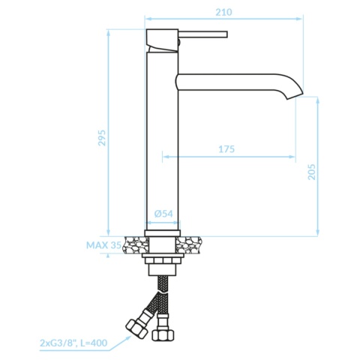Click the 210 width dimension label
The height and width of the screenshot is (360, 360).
point(223,12)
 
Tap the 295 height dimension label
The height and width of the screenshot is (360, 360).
point(102,138)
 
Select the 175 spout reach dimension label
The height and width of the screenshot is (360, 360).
point(226,149)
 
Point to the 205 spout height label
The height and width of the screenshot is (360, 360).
point(312,172)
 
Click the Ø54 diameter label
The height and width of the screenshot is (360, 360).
point(163,214)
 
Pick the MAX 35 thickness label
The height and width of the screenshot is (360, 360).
point(103,245)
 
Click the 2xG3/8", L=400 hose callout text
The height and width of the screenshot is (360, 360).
point(73,343)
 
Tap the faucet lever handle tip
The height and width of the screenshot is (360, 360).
point(226,34)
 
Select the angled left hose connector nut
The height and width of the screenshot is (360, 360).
point(136,328)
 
